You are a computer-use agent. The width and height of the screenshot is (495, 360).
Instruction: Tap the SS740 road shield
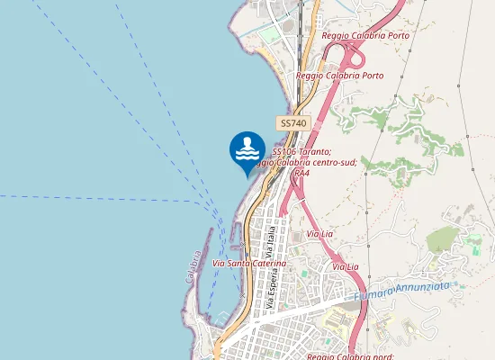(293, 122)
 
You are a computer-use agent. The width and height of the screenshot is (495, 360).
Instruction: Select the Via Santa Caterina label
(249, 263)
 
